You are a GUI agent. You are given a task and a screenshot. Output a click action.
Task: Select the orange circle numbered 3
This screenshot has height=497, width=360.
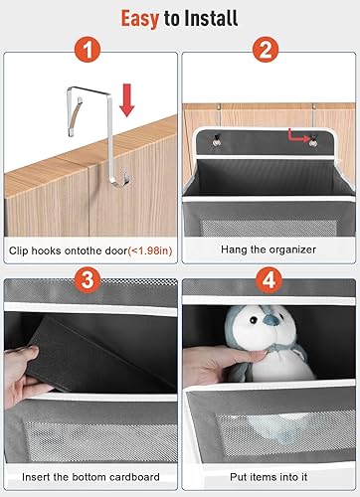[x=90, y=281]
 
